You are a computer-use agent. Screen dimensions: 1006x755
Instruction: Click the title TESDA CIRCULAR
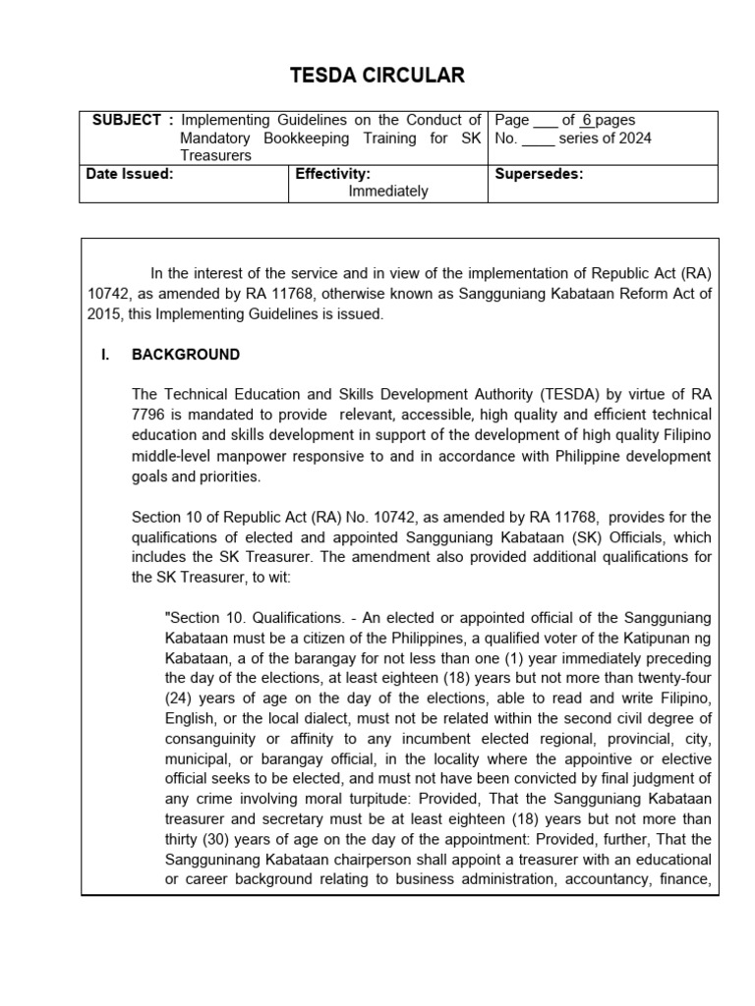(377, 76)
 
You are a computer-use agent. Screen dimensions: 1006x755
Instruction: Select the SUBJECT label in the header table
(127, 120)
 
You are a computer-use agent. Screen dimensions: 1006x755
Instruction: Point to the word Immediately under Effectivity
(388, 192)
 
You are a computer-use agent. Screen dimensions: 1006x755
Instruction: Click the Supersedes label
(539, 174)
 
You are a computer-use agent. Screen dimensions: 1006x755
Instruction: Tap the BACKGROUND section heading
(185, 355)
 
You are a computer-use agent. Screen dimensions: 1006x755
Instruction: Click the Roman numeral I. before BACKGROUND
(105, 355)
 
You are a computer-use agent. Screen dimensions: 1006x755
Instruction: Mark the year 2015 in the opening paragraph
(103, 314)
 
